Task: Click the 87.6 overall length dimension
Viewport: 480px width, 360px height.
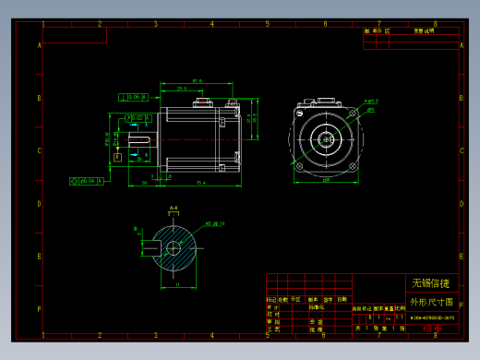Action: pos(197,82)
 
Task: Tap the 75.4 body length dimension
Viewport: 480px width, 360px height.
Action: pos(199,183)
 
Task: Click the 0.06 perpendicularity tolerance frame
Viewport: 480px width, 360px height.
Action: pos(134,96)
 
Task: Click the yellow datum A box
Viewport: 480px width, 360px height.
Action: pos(117,158)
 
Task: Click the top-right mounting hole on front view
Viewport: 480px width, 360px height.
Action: pos(352,113)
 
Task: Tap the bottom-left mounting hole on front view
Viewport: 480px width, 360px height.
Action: pos(300,166)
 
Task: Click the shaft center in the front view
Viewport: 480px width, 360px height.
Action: pos(326,139)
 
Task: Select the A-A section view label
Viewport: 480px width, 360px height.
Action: pos(173,209)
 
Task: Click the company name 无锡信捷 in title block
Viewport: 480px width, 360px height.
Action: pos(431,283)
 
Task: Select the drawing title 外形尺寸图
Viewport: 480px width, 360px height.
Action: pos(431,302)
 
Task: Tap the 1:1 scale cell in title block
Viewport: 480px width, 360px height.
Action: pos(399,317)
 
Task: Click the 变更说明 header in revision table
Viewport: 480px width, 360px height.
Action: pos(424,30)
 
